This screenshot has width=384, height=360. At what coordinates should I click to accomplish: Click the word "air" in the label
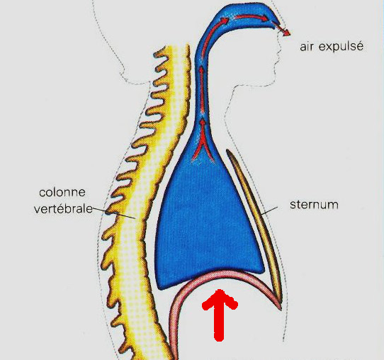tap(307, 47)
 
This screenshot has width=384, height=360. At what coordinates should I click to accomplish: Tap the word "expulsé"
tap(341, 47)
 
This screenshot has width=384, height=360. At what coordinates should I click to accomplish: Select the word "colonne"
tap(62, 193)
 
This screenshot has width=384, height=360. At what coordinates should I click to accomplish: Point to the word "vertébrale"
tap(64, 209)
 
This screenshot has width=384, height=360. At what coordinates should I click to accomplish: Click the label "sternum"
tap(314, 205)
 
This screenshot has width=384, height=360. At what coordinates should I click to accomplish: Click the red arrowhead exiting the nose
tap(286, 32)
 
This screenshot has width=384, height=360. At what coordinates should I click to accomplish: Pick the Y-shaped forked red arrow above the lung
tap(203, 141)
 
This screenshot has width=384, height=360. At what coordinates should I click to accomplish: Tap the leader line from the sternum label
tap(269, 210)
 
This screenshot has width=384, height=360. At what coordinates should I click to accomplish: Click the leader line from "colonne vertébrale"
tap(114, 213)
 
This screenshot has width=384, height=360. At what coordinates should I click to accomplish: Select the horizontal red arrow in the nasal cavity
tap(251, 18)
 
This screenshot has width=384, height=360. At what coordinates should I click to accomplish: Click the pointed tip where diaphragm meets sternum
tap(280, 309)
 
